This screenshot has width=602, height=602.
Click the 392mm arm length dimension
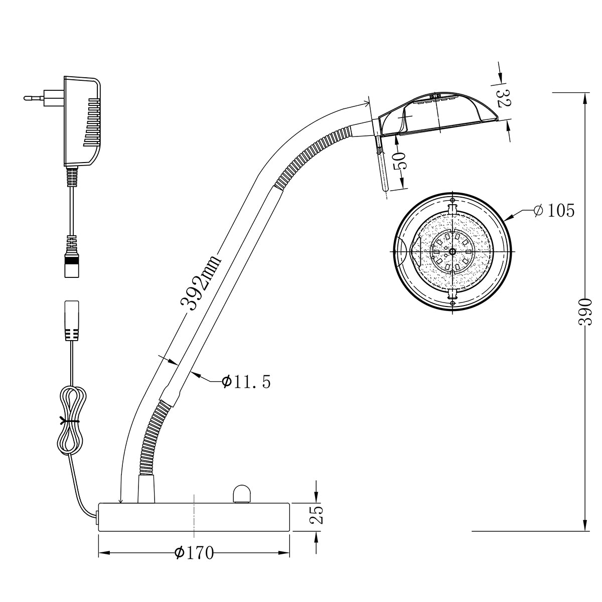tap(201, 283)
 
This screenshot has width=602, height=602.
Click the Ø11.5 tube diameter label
tap(246, 381)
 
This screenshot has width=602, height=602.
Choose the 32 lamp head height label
tap(503, 98)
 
